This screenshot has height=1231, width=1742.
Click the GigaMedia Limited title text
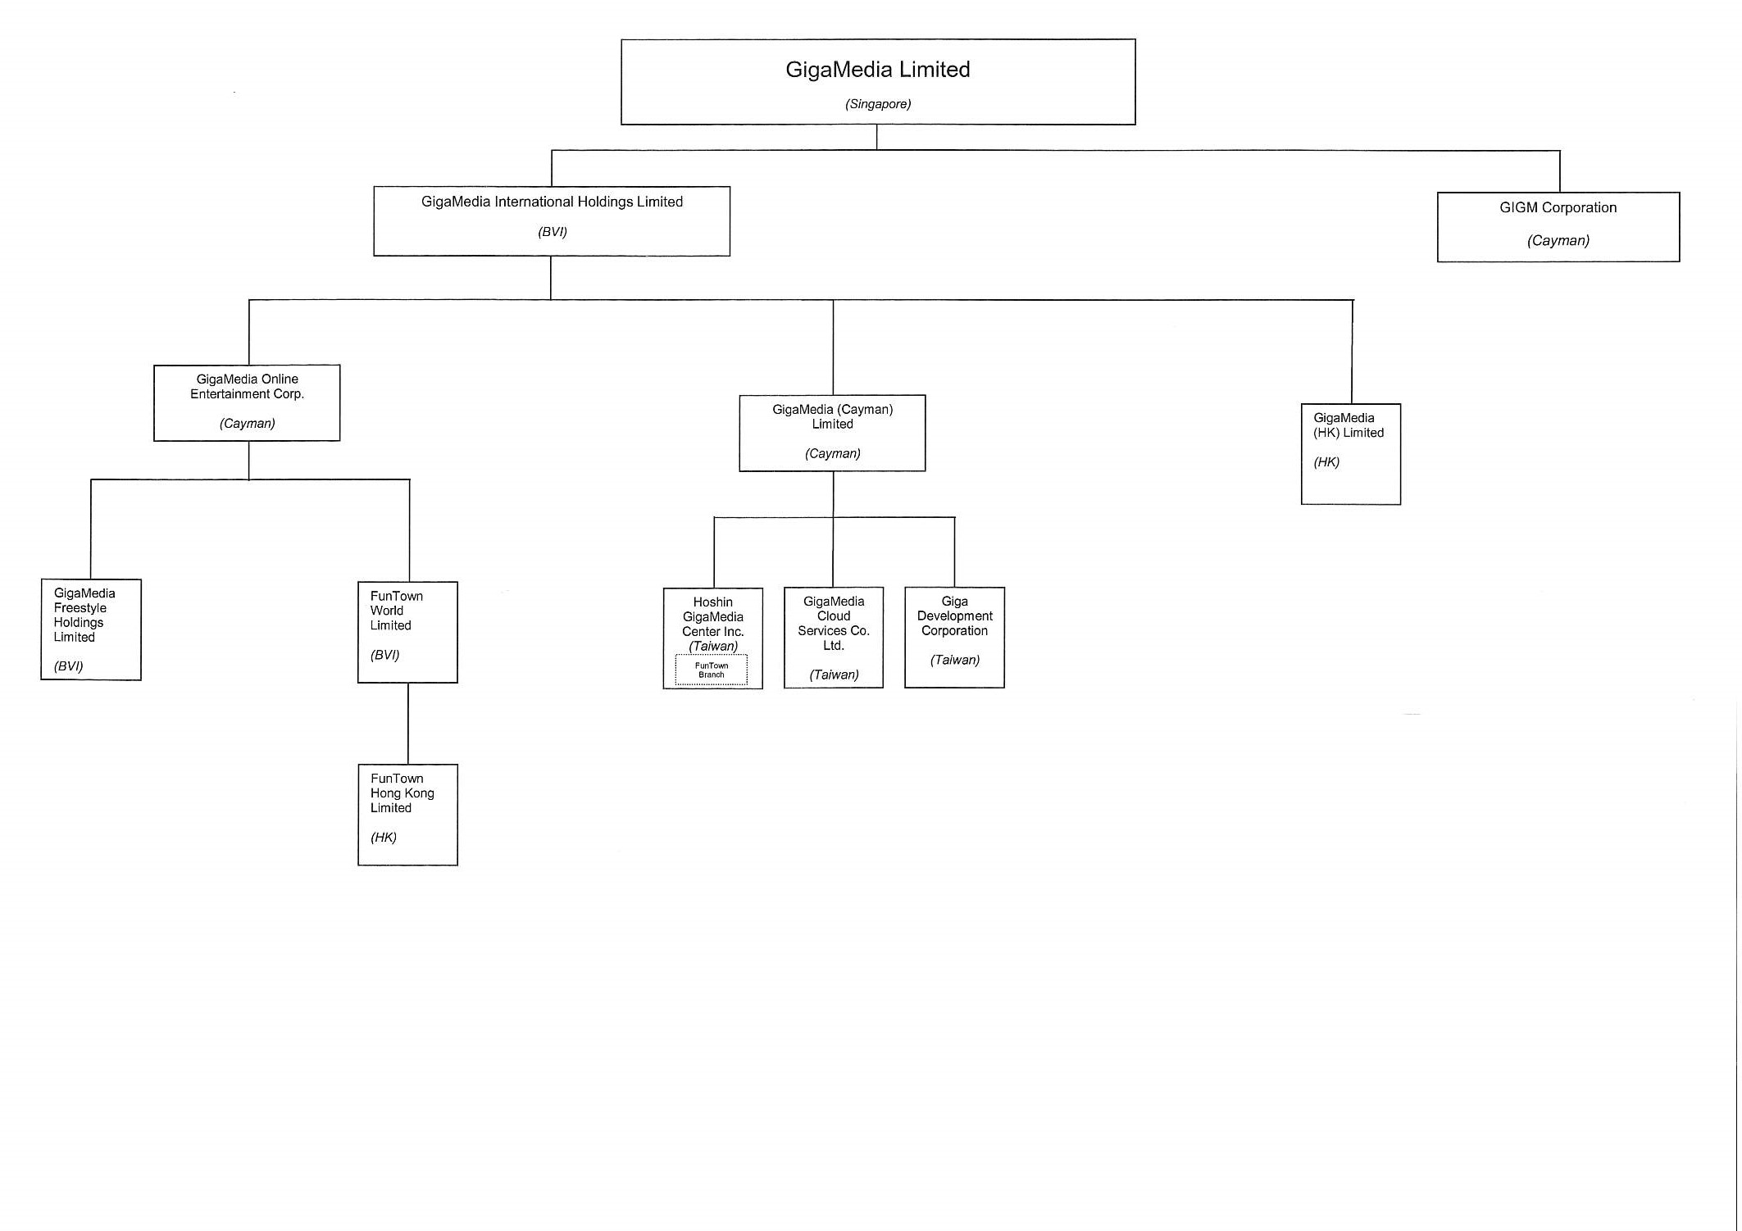(x=877, y=70)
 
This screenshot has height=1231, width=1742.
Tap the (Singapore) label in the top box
(x=878, y=104)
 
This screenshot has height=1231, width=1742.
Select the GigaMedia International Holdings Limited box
(x=552, y=220)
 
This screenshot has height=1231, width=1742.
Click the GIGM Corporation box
(x=1558, y=226)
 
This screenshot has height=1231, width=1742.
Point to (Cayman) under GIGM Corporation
(x=1558, y=241)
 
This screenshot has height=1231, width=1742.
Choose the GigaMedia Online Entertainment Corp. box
(x=247, y=402)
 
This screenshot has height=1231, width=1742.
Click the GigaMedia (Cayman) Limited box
(x=832, y=433)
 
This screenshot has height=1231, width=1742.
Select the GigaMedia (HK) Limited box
(x=1350, y=454)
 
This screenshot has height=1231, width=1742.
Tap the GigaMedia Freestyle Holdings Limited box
(x=91, y=629)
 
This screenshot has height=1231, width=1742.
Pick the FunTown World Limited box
(x=407, y=632)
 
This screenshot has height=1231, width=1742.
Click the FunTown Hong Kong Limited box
(x=407, y=815)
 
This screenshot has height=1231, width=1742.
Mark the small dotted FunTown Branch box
(x=712, y=670)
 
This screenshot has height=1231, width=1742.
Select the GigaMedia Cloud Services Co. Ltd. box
(x=834, y=638)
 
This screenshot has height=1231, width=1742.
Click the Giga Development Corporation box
(x=954, y=638)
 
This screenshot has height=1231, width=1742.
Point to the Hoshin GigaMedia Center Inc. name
(x=713, y=616)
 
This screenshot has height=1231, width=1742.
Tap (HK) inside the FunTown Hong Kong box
(x=384, y=838)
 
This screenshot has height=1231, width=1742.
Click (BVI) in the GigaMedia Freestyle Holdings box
(x=69, y=666)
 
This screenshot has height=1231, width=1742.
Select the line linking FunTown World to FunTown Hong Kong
(x=408, y=724)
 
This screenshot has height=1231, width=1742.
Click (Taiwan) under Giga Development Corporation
(x=954, y=661)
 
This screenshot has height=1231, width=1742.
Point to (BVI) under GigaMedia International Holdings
(x=553, y=232)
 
